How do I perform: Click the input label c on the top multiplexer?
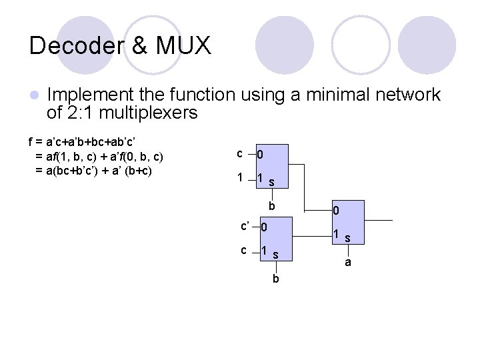(x=239, y=153)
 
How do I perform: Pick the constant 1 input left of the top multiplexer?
(x=239, y=179)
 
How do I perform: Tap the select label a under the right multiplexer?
(x=347, y=263)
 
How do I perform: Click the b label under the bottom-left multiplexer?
(x=275, y=279)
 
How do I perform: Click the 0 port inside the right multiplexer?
(x=337, y=211)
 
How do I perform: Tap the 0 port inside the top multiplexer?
(x=261, y=155)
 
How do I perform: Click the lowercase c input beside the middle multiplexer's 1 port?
(x=245, y=250)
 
